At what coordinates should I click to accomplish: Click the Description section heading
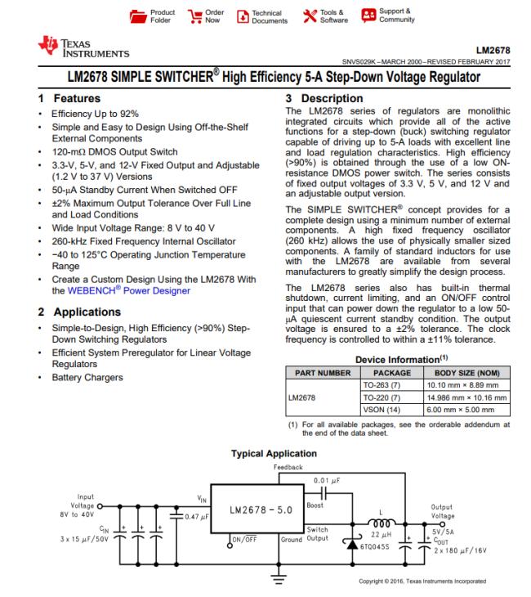pyautogui.click(x=310, y=98)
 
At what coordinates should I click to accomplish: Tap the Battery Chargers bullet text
pyautogui.click(x=87, y=377)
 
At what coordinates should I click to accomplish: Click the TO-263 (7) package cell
pyautogui.click(x=378, y=384)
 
